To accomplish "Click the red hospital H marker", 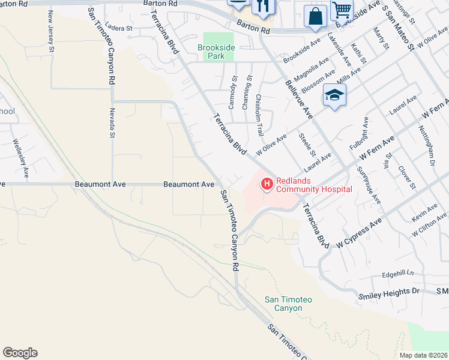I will click(266, 184).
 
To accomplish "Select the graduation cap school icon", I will click(334, 95).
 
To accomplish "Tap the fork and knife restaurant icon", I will click(262, 6).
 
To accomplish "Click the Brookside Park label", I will click(215, 51).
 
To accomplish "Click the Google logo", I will click(20, 353).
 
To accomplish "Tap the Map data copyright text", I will click(423, 355).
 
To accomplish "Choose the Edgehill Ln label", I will click(399, 274).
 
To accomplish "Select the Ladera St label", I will click(118, 28).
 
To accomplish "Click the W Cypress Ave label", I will click(360, 233).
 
